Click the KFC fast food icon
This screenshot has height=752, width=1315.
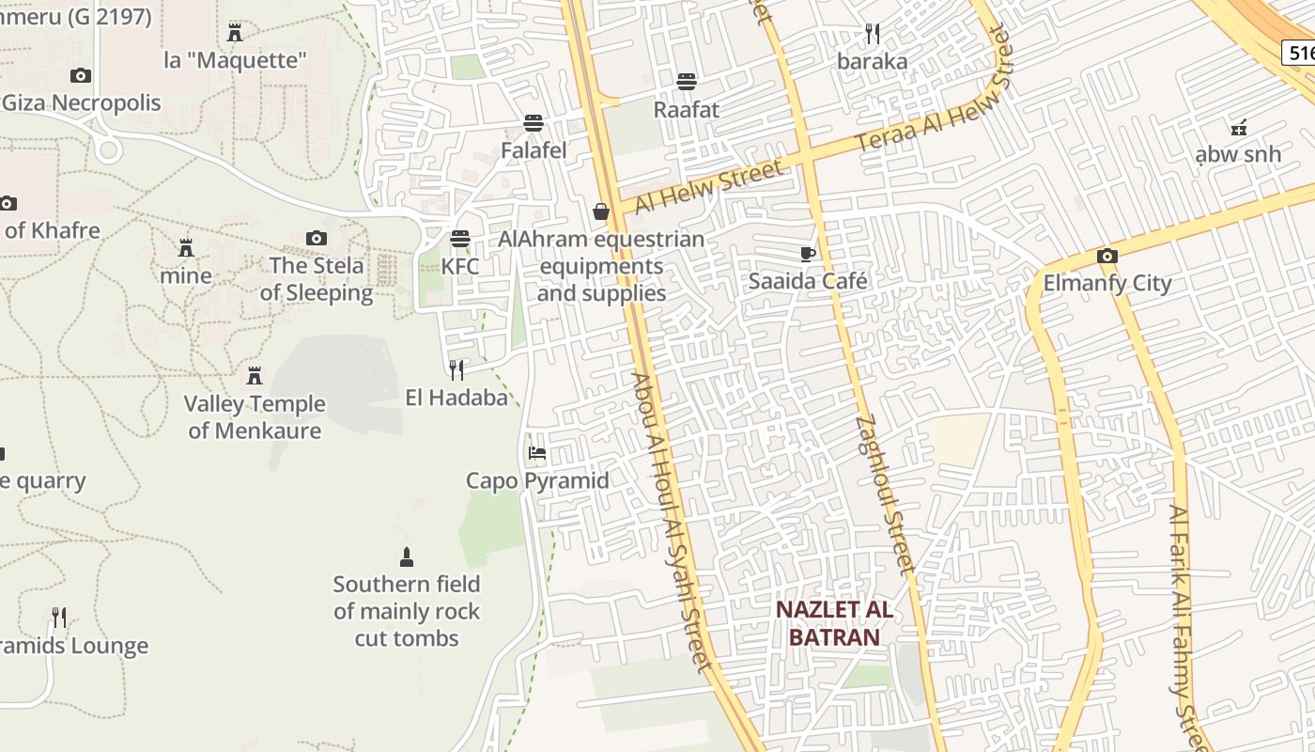[x=459, y=239]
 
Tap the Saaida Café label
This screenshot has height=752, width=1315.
[x=808, y=281]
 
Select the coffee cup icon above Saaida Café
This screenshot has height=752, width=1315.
[x=807, y=253]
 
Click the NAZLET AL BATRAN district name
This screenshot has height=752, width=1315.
[x=834, y=623]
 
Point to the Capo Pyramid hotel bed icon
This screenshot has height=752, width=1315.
[x=537, y=453]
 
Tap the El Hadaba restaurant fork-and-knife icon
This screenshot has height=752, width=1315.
[x=456, y=369]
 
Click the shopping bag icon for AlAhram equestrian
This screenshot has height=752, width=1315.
[x=601, y=211]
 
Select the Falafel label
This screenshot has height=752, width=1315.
[x=534, y=150]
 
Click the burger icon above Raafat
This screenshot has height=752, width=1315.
[x=687, y=81]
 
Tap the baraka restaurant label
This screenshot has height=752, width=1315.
[x=873, y=62]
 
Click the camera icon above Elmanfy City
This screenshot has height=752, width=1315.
[x=1107, y=256]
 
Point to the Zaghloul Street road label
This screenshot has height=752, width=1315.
[x=885, y=494]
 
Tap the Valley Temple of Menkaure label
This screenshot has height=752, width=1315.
[x=255, y=417]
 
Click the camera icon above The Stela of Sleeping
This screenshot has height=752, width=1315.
[x=317, y=238]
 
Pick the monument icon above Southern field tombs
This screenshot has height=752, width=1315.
[x=407, y=556]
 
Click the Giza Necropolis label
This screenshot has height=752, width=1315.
[x=82, y=102]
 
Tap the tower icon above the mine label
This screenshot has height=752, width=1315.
[x=186, y=248]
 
